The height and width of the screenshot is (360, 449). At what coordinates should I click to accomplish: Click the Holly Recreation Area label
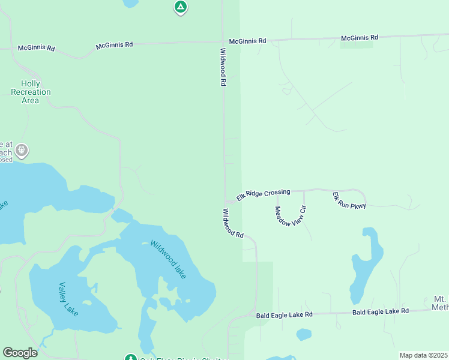(31, 92)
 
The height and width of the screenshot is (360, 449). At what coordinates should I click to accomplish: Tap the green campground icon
(180, 7)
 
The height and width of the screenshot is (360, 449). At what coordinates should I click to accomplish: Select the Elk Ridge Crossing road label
(263, 194)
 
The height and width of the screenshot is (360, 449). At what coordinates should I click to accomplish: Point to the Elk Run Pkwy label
(349, 201)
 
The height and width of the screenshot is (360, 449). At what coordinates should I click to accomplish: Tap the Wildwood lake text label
(169, 260)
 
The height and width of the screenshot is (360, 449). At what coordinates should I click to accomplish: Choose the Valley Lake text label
(69, 296)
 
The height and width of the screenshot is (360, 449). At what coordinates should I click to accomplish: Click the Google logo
(19, 353)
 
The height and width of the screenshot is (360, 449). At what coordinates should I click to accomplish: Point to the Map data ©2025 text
(423, 355)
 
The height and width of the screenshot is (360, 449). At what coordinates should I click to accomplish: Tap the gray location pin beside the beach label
(22, 150)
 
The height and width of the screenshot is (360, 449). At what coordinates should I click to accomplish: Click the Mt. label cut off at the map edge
(440, 303)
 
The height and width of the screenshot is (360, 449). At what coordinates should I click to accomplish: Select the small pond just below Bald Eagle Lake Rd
(304, 334)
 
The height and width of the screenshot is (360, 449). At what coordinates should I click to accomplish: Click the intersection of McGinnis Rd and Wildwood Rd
(223, 41)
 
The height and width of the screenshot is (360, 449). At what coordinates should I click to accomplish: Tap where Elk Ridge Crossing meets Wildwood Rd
(226, 202)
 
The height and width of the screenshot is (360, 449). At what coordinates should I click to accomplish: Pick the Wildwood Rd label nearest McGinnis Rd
(223, 67)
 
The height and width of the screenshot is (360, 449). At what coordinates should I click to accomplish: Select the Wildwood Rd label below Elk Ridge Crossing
(233, 223)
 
